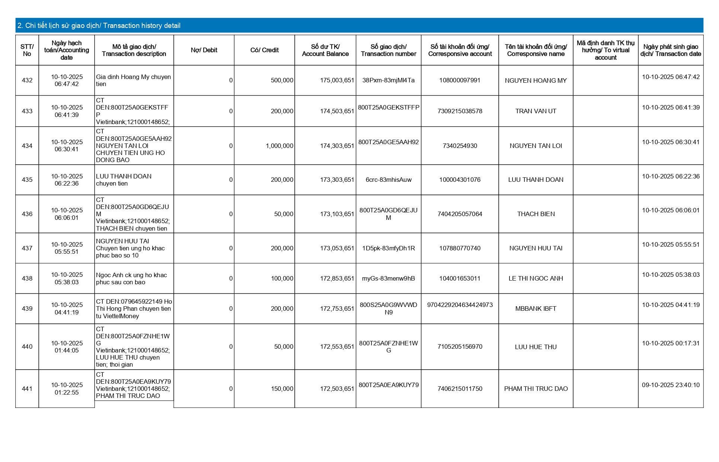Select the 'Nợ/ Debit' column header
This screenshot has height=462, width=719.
click(x=204, y=50)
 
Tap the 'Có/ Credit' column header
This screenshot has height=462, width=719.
click(x=264, y=50)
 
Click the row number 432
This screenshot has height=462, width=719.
click(x=27, y=80)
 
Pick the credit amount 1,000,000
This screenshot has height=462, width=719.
click(x=279, y=146)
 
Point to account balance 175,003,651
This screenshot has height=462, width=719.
click(x=337, y=80)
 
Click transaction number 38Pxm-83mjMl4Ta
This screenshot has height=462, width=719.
click(x=388, y=80)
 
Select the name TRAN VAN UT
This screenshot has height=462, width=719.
click(x=536, y=111)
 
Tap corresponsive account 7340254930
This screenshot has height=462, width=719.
click(x=460, y=146)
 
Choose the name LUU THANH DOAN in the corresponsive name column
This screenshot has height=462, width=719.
click(x=536, y=180)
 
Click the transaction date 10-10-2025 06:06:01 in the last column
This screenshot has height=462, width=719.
click(x=671, y=211)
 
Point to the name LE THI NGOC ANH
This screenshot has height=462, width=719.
click(x=536, y=279)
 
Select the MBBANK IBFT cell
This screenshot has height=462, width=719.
click(x=536, y=309)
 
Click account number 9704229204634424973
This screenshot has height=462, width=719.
click(x=460, y=305)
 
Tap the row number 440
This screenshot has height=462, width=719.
click(x=27, y=347)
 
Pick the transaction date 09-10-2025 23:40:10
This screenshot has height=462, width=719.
click(x=671, y=385)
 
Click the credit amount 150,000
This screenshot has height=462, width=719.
click(x=282, y=389)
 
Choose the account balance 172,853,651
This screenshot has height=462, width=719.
click(x=337, y=279)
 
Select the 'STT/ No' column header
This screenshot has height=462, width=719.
click(x=27, y=50)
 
